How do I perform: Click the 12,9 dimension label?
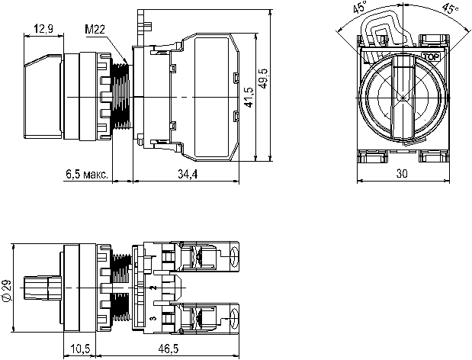click(x=43, y=29)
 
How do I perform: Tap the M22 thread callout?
click(x=95, y=29)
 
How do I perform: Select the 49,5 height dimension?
click(x=263, y=79)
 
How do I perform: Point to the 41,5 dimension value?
click(x=249, y=97)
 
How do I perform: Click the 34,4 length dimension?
click(x=188, y=174)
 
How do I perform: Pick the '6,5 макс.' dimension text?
click(x=87, y=174)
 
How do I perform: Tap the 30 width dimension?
click(x=402, y=173)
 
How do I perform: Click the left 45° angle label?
click(x=361, y=7)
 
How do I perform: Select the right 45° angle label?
click(x=451, y=8)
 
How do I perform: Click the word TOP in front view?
click(x=432, y=56)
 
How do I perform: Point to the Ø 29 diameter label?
click(x=7, y=290)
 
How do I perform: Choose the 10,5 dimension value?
click(x=80, y=349)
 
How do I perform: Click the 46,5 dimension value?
click(x=169, y=349)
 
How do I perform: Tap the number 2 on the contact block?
click(x=153, y=288)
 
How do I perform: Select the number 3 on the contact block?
click(x=153, y=318)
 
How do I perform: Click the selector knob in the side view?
click(x=43, y=96)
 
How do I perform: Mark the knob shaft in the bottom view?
click(x=42, y=288)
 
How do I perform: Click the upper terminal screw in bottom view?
click(x=234, y=256)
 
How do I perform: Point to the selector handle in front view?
click(x=403, y=97)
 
